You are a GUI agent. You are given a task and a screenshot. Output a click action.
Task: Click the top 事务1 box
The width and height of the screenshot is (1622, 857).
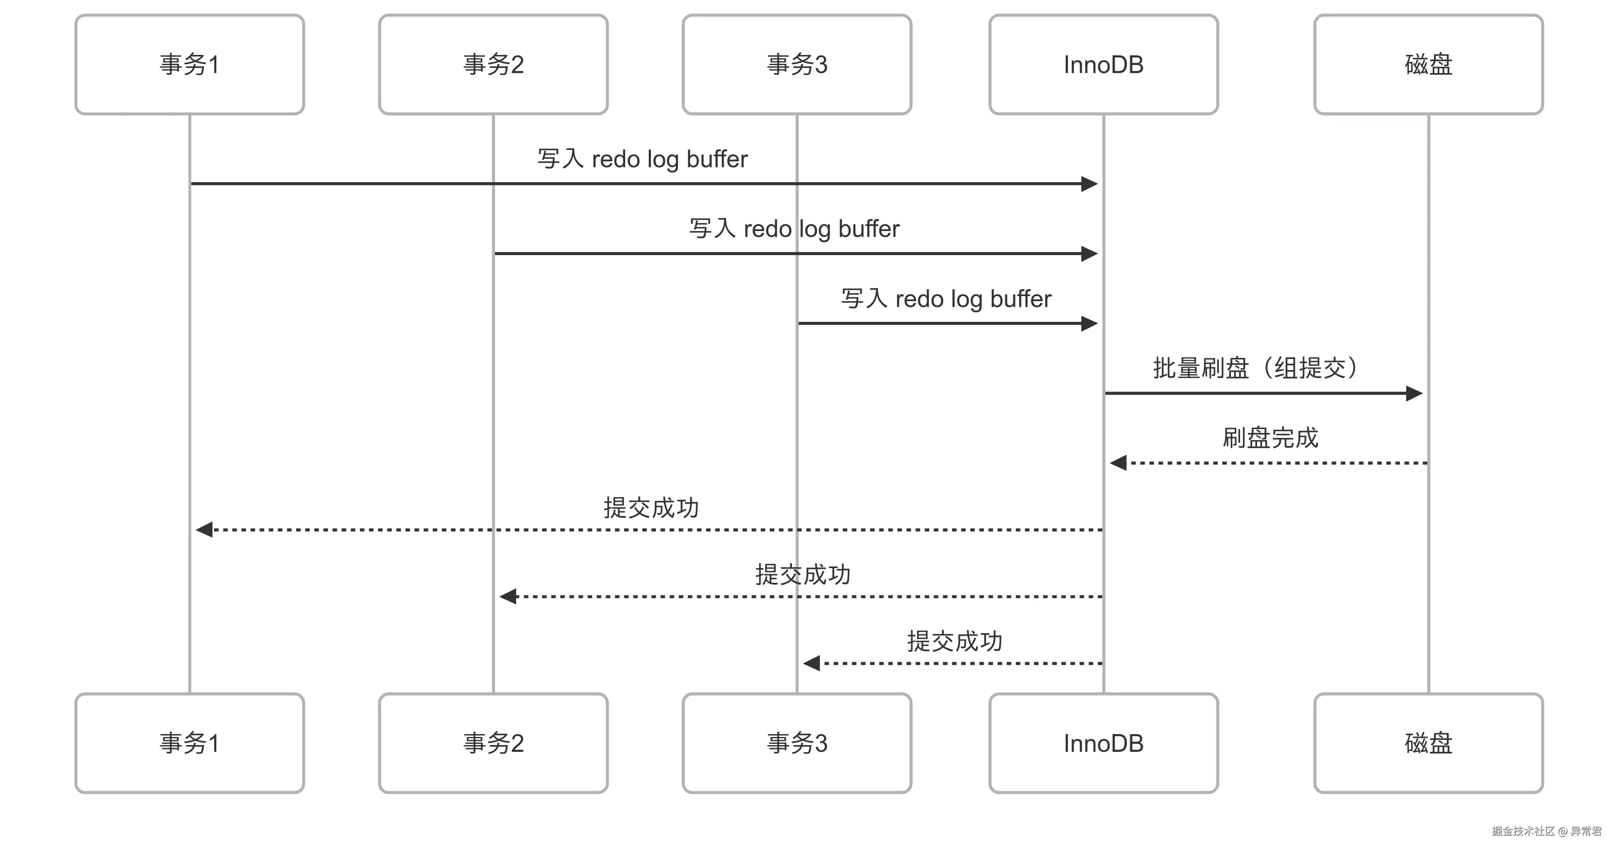click(190, 64)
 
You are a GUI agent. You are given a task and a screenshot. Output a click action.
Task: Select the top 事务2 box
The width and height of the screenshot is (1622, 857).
click(493, 64)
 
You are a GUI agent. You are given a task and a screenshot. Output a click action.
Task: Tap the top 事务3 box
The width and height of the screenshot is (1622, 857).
click(797, 64)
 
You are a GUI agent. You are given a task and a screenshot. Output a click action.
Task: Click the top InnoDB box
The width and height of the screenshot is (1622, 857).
click(1103, 64)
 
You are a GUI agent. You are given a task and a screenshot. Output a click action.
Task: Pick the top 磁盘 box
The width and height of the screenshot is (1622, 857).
click(1428, 64)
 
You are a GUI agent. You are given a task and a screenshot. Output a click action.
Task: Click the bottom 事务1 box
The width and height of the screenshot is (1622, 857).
click(190, 743)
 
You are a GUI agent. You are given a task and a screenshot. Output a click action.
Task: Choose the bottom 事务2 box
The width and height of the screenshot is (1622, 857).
click(493, 743)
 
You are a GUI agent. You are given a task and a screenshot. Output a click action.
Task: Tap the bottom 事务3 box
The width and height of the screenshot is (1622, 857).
click(797, 743)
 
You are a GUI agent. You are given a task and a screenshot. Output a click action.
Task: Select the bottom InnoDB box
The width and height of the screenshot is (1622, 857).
click(1103, 743)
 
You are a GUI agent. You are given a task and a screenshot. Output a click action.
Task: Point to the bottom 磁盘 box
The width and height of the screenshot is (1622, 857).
click(1428, 743)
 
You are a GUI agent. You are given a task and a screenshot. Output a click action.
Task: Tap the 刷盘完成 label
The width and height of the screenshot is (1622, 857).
click(1270, 438)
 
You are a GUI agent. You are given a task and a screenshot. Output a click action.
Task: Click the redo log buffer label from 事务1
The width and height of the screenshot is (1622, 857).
click(642, 159)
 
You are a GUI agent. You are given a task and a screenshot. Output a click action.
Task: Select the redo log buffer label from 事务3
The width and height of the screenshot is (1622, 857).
click(946, 299)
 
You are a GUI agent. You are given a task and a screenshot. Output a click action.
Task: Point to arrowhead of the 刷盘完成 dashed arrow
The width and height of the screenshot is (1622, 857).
click(1118, 463)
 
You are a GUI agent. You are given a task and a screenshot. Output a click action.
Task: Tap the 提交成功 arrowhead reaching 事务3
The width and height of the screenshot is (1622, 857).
click(811, 663)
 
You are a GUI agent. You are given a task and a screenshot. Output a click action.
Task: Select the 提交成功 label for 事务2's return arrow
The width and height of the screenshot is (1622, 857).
click(803, 574)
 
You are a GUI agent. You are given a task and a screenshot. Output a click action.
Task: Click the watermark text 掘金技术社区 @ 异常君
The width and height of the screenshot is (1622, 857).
click(1546, 831)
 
